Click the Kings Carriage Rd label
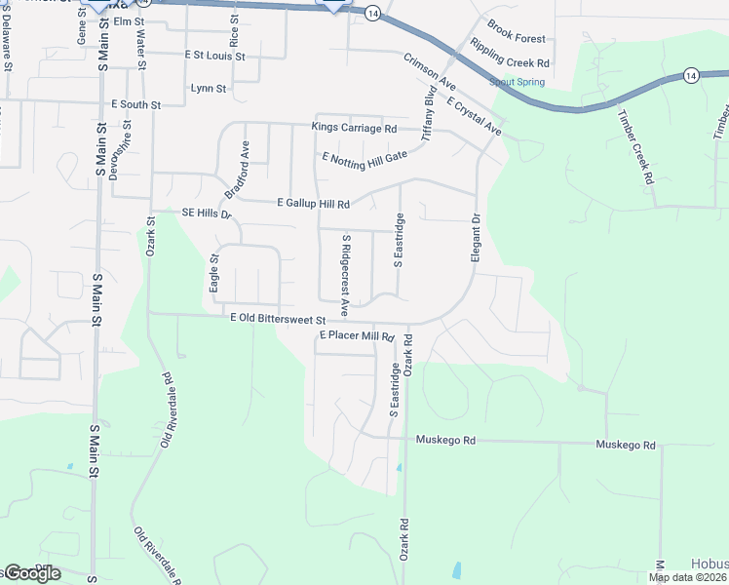point(354,128)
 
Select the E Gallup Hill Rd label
point(313,204)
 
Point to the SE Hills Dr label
point(205,214)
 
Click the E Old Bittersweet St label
point(277,317)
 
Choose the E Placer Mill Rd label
point(356,336)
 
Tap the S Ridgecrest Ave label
point(345,263)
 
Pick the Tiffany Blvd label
point(428,116)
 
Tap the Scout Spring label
point(517,83)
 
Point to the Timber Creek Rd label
point(633,145)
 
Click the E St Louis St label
point(214,57)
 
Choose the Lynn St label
point(209,88)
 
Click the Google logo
point(32,573)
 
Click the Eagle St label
point(214,274)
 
